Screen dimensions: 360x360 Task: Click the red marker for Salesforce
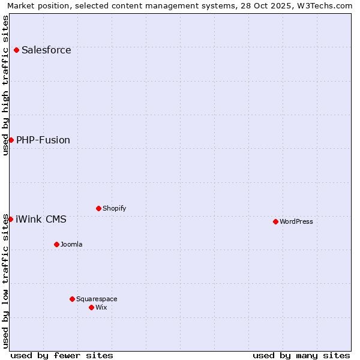16,50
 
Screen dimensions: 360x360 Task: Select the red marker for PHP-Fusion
11,140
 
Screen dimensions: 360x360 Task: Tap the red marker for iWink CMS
10,219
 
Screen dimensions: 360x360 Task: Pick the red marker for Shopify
98,208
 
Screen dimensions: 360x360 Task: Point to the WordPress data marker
275,221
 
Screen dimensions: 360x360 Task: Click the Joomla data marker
56,244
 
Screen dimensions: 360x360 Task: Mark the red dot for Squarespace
72,299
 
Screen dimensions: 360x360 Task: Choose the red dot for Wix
91,307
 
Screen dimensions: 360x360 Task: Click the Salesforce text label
46,50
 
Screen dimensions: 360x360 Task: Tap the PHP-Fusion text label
43,140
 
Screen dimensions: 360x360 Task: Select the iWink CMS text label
41,219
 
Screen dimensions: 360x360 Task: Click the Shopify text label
114,208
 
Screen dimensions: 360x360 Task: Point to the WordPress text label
296,221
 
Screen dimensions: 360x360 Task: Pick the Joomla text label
71,244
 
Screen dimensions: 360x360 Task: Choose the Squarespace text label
97,299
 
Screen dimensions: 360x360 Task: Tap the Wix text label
101,307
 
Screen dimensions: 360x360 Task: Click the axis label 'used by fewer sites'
62,355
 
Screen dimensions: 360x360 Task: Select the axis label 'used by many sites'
301,355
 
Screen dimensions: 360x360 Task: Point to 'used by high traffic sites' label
5,85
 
